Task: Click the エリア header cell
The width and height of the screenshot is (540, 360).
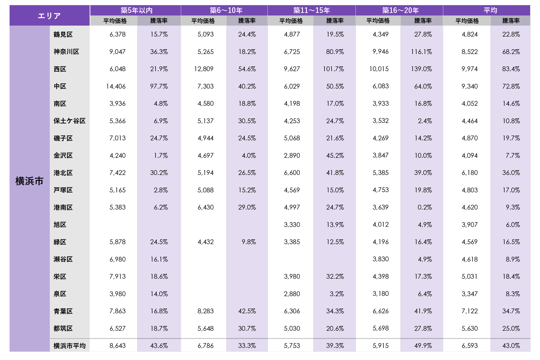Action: (49, 15)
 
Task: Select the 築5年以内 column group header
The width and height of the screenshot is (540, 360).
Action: (136, 10)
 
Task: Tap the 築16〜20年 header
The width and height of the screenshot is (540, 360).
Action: (400, 10)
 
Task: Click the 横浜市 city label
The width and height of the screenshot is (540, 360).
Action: (29, 181)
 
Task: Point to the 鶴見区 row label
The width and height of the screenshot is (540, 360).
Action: (63, 34)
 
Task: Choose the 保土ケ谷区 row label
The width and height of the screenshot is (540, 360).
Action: (69, 121)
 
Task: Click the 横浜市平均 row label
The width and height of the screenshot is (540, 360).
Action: (69, 346)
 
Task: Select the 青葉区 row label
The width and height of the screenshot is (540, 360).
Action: (63, 311)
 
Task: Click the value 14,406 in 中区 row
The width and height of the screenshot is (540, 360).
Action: (116, 86)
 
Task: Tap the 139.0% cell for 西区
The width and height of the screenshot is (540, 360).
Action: (421, 69)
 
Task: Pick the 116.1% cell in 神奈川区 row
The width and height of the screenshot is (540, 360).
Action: (421, 52)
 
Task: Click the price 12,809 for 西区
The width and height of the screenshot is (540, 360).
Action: (204, 69)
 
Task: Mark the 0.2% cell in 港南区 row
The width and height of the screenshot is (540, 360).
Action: (424, 207)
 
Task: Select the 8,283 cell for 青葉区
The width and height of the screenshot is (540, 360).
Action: (205, 311)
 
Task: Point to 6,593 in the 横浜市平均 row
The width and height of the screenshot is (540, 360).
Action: (469, 346)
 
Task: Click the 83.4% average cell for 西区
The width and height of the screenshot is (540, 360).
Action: (511, 69)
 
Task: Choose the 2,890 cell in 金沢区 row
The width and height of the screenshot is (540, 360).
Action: (292, 156)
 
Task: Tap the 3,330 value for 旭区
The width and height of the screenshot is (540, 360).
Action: (292, 225)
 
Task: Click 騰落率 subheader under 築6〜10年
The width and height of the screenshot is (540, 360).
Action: (247, 21)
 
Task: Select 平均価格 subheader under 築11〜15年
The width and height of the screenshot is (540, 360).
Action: (291, 21)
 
